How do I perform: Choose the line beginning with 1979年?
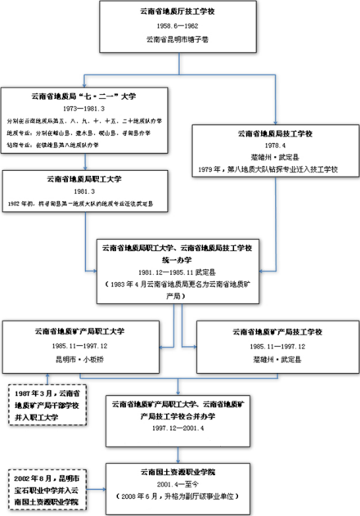277,169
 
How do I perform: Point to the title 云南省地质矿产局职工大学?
88,332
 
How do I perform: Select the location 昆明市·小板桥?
88,358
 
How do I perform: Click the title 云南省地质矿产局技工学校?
269,332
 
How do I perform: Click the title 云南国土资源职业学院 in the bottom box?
178,473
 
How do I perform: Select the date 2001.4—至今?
178,484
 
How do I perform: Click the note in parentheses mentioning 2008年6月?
178,496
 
